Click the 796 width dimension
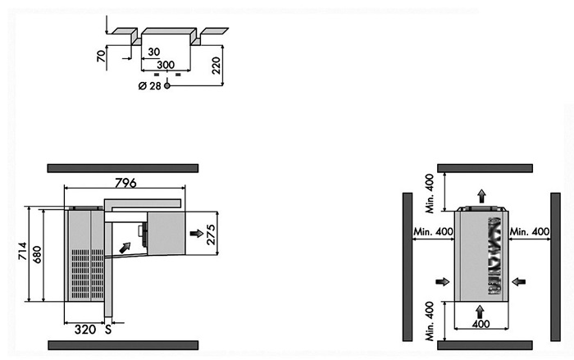click(125, 182)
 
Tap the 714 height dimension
click(23, 251)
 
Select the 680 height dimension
click(38, 254)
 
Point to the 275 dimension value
click(212, 235)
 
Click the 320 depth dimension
click(85, 330)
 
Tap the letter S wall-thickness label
click(108, 330)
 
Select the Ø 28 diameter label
click(150, 86)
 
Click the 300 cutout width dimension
click(166, 65)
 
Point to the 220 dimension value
click(216, 66)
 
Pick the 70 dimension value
click(101, 56)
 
